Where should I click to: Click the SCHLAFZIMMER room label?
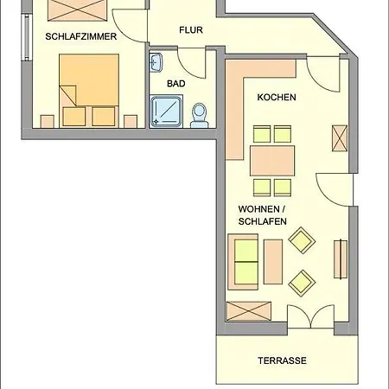pos(81,36)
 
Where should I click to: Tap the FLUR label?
pos(191,30)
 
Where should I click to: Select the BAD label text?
pos(175,84)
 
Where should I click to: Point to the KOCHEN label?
pos(277,97)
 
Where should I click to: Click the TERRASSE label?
pos(282,360)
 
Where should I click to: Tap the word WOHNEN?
pos(258,209)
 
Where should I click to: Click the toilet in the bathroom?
pos(200,116)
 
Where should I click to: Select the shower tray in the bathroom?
pos(167,112)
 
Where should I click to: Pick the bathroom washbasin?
pos(156,62)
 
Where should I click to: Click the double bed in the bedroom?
pos(89,91)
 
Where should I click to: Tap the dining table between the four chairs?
pos(272,161)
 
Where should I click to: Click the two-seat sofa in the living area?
pos(243,262)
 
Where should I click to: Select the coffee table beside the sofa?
pos(273,262)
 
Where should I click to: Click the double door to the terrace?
pos(311,317)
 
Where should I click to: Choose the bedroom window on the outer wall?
pos(27,37)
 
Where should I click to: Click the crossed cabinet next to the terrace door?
pos(249,311)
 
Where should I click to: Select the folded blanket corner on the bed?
pos(68,95)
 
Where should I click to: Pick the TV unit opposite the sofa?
pos(341,259)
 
